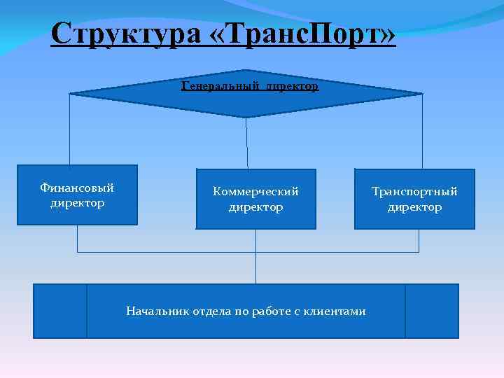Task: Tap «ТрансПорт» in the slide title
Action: click(x=302, y=33)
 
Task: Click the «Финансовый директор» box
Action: click(x=77, y=195)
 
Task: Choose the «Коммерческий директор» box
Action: click(x=255, y=199)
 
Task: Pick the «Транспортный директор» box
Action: click(x=415, y=199)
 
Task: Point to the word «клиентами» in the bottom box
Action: click(x=335, y=311)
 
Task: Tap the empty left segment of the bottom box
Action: click(x=60, y=311)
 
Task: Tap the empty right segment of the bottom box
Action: click(x=432, y=311)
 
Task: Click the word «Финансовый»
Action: click(x=77, y=188)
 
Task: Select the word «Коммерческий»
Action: click(x=255, y=192)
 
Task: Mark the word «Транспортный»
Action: click(x=415, y=192)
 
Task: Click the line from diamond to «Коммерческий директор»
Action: click(x=247, y=143)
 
